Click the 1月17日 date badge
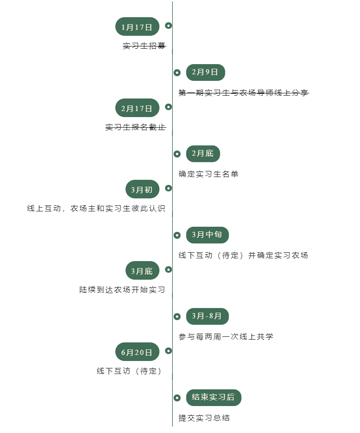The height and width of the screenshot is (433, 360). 137,27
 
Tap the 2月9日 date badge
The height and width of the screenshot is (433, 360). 205,72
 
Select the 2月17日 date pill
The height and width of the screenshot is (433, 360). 137,108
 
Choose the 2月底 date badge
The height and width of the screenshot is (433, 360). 203,154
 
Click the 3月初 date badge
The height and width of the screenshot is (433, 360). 142,190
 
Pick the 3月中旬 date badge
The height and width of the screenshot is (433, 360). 207,235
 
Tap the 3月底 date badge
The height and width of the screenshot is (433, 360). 142,271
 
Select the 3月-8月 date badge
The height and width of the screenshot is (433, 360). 207,316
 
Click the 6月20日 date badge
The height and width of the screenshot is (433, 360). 137,352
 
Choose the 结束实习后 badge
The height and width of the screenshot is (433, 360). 214,398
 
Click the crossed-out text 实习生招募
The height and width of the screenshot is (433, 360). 144,46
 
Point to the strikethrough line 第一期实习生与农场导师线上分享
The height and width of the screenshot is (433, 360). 243,93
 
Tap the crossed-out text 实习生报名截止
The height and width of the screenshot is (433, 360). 135,127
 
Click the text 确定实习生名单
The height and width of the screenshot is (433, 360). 209,174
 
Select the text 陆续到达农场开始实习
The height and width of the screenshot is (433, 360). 122,290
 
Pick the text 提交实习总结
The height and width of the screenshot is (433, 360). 204,418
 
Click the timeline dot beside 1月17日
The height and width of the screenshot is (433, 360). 169,26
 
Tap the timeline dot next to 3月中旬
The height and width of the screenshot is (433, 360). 177,235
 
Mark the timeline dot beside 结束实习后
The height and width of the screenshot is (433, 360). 177,398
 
